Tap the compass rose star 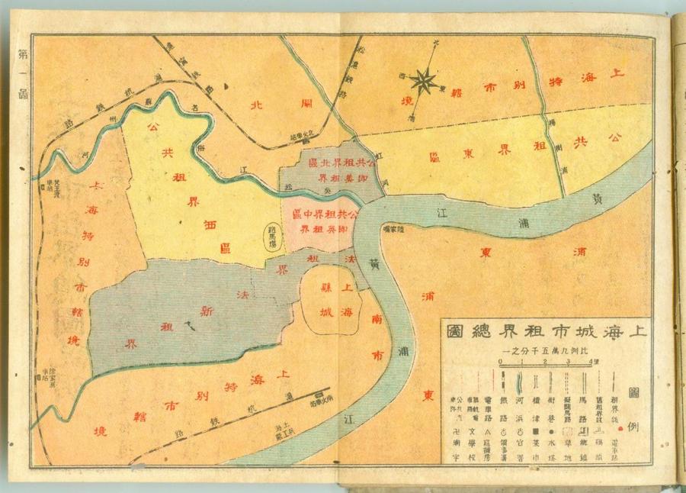[423, 78]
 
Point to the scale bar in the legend [545, 368]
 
